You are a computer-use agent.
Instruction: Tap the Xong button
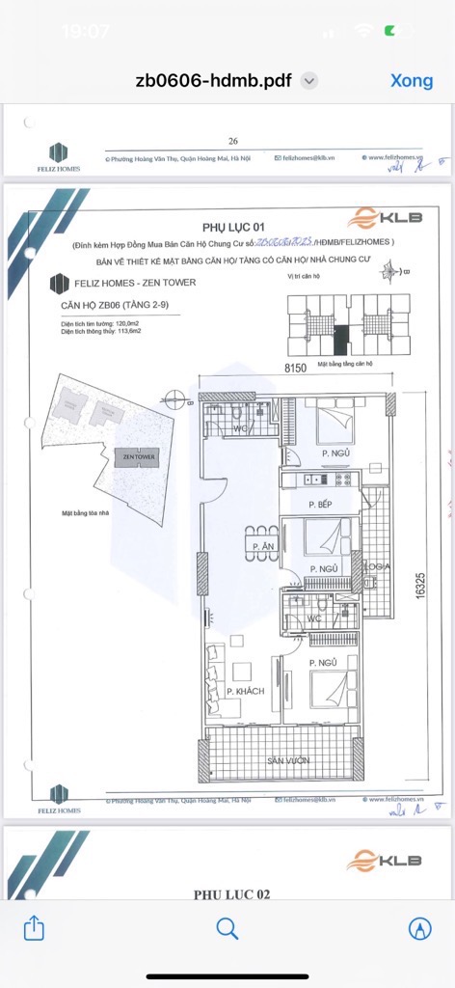coord(412,80)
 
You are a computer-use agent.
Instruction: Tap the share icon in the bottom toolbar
coord(34,928)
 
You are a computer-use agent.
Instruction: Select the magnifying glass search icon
coord(227,928)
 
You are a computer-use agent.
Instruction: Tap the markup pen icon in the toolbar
coord(419,928)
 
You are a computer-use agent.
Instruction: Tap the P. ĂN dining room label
coord(259,548)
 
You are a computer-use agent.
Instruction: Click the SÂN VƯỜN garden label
coord(289,762)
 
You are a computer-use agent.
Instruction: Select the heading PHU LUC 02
coord(231,894)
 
